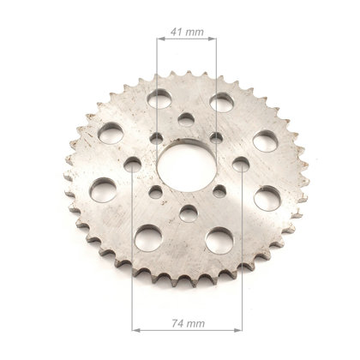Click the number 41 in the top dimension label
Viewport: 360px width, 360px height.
176,32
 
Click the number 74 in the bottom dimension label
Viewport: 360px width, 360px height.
177,323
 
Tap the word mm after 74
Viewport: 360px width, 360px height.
195,324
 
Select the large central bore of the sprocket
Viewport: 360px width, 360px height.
187,166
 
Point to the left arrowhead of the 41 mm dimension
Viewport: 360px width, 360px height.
161,39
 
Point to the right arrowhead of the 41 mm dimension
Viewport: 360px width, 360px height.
213,39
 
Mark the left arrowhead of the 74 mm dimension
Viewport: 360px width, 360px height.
136,330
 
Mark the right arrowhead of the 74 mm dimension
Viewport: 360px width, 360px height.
238,330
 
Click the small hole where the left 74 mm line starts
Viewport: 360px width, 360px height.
133,164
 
